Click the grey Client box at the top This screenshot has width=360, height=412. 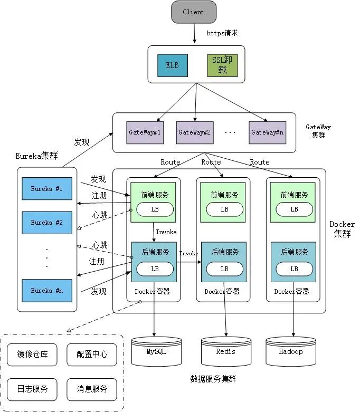click(x=194, y=12)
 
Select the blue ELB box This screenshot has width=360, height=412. click(x=172, y=65)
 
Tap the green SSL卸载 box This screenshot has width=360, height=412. click(x=222, y=65)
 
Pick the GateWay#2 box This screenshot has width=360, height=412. click(x=194, y=132)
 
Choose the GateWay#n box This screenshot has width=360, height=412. click(x=267, y=132)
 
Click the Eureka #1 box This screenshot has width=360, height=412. click(x=46, y=188)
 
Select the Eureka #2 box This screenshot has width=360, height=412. click(x=46, y=223)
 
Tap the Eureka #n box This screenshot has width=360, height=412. click(x=46, y=291)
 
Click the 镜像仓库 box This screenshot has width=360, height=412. click(x=33, y=354)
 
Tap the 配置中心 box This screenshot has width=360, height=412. click(x=88, y=354)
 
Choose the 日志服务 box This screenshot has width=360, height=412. click(x=33, y=389)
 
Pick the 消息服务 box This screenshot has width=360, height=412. click(x=88, y=389)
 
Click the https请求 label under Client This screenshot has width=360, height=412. click(x=222, y=33)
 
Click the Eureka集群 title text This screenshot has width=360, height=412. click(x=37, y=156)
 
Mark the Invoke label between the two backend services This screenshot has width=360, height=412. click(x=188, y=254)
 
